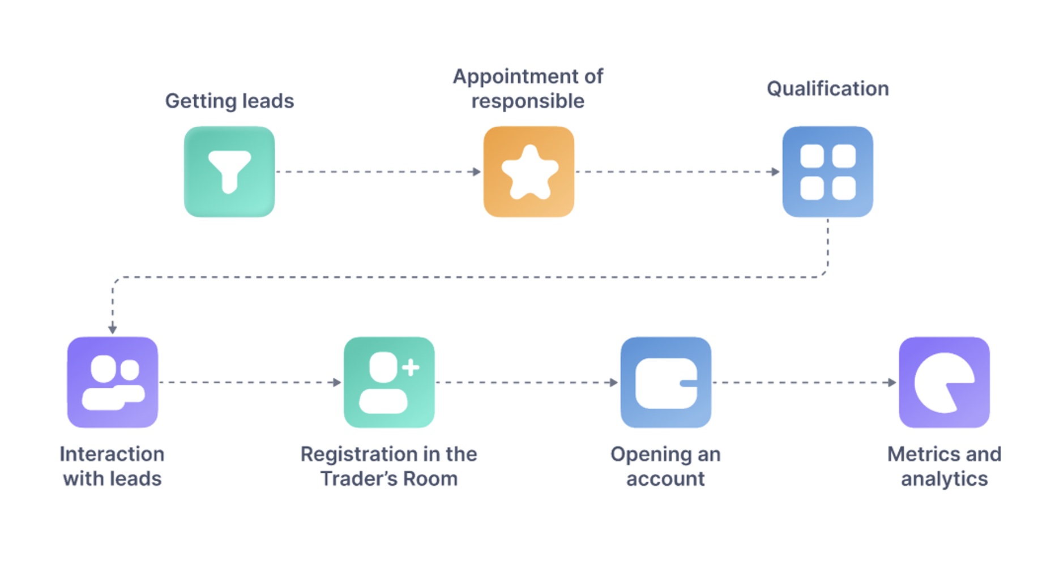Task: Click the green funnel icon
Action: (229, 172)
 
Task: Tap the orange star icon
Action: (528, 172)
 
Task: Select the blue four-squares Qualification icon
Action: (827, 172)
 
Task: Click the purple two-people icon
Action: (113, 382)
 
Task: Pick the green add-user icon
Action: (389, 382)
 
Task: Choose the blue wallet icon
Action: (665, 382)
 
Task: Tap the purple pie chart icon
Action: (944, 382)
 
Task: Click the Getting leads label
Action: (229, 101)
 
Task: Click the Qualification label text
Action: (827, 89)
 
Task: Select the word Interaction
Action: (112, 454)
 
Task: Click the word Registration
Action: (353, 454)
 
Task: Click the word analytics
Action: (944, 479)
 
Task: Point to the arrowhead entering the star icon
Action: (477, 172)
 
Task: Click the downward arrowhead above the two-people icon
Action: (113, 329)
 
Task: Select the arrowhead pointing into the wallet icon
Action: (614, 382)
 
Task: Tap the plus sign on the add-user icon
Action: (411, 367)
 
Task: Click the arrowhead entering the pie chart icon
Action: (892, 382)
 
